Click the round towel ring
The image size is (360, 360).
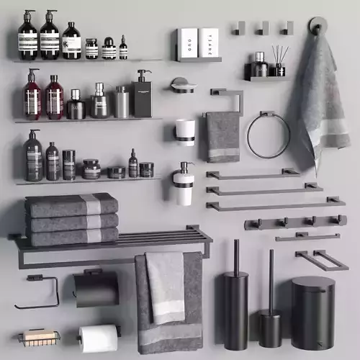point(268,135)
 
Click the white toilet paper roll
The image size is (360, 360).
point(98,338)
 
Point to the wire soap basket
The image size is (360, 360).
point(39,337)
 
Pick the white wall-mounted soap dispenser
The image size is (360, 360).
point(183,185)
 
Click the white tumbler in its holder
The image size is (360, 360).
point(185,132)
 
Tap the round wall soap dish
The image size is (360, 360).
point(183,85)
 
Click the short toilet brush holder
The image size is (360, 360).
point(271,324)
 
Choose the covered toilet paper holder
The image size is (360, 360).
point(96,288)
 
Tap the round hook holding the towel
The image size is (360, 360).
point(318,27)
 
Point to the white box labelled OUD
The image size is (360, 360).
point(187,42)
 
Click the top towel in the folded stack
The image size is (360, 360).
point(71,204)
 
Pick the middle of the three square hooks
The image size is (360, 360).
point(263,28)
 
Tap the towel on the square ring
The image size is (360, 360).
point(223,136)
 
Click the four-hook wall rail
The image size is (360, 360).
point(294,222)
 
